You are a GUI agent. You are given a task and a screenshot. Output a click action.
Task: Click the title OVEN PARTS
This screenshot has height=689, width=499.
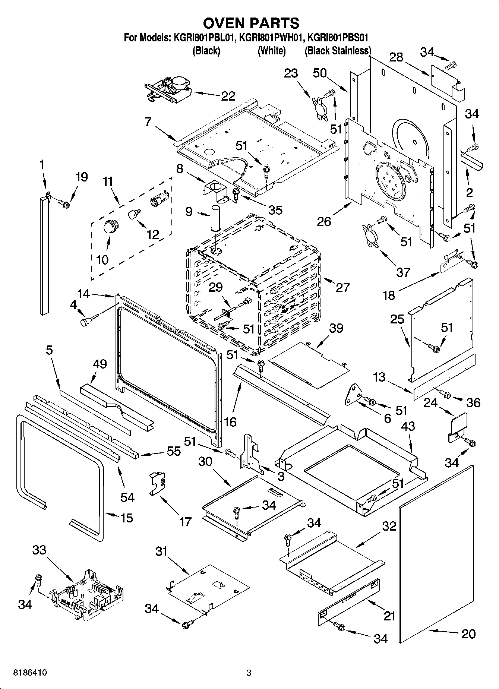click(x=251, y=23)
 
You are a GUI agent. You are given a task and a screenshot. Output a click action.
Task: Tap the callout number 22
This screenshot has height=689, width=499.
click(x=228, y=96)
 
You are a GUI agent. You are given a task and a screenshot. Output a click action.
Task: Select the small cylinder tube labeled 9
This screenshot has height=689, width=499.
click(x=215, y=218)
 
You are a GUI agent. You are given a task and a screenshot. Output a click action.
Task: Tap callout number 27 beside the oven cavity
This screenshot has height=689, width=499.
click(x=342, y=287)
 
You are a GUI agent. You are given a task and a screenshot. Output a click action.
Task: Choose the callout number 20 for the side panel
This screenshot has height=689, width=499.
click(x=468, y=633)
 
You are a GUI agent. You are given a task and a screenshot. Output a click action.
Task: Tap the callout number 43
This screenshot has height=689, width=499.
click(x=408, y=426)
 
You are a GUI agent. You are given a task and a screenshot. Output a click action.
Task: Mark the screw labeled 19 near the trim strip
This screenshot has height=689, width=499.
click(x=64, y=204)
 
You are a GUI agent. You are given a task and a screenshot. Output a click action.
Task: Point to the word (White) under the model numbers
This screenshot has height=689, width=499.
click(x=271, y=51)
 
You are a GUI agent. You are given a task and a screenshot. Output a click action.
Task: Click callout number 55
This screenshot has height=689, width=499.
click(x=173, y=451)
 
